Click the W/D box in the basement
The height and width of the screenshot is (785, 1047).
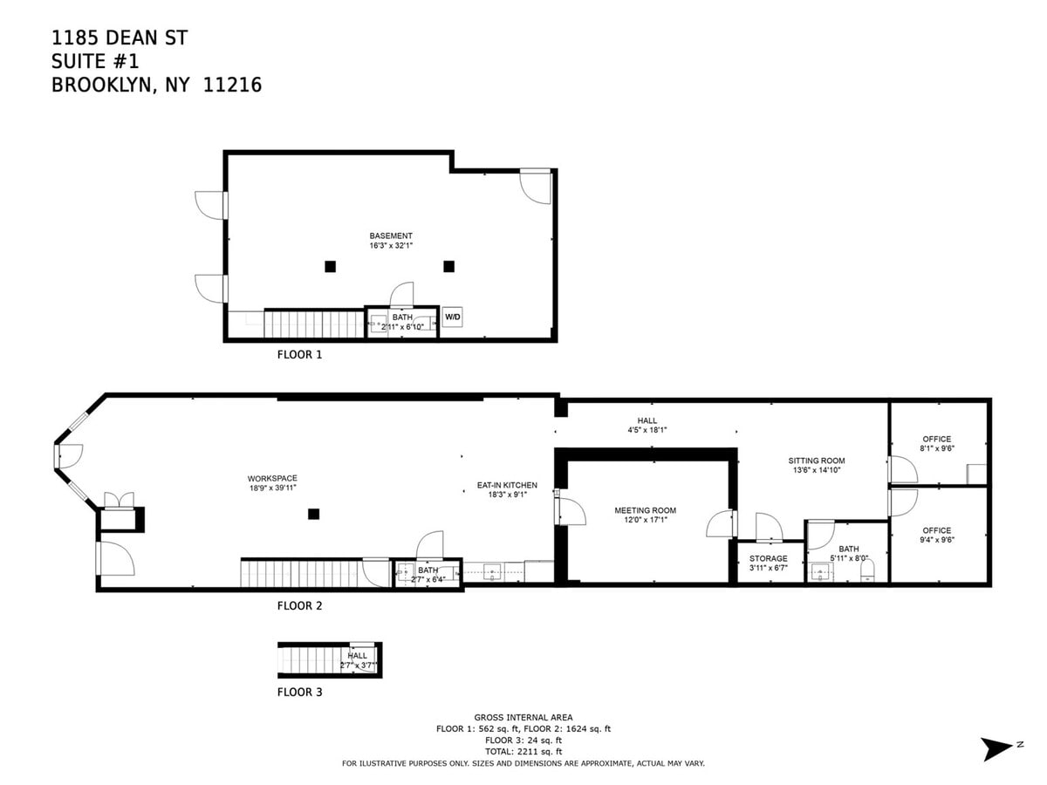coord(452,317)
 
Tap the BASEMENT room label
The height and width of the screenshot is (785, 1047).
coord(391,235)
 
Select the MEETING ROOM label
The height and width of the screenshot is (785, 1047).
coord(645,510)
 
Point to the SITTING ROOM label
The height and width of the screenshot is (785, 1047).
coord(816,461)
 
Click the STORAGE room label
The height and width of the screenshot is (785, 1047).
coord(768,558)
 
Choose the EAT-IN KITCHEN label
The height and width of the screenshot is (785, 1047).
coord(507,485)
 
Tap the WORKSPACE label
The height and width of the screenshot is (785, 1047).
coord(272,478)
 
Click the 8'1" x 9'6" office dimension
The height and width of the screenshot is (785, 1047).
coord(937,448)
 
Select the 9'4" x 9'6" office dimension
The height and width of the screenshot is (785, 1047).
coord(937,540)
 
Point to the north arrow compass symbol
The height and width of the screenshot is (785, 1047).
coord(997,749)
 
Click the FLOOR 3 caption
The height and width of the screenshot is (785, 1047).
coord(299,692)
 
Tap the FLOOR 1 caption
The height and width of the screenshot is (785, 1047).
coord(299,355)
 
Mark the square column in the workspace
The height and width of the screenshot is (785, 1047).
coord(313,514)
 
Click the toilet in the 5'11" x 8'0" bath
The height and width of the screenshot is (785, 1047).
coord(866,570)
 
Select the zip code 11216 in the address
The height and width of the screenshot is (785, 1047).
coord(232,85)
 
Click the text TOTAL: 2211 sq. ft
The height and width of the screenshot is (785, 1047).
coord(523,752)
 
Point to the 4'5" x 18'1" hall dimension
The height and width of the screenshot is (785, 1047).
coord(647,430)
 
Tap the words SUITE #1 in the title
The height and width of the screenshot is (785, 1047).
coord(95,61)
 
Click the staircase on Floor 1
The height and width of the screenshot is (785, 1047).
coord(314,324)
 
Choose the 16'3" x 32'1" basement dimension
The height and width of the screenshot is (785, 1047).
coord(391,246)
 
